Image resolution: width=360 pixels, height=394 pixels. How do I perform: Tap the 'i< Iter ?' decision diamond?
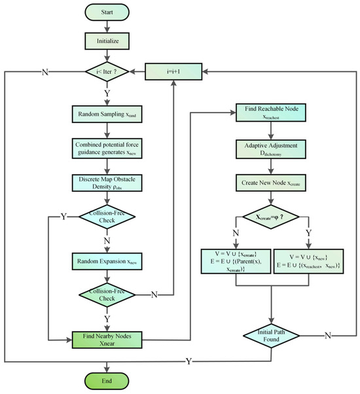[x=108, y=69]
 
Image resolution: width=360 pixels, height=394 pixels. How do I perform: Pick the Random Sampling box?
[x=108, y=115]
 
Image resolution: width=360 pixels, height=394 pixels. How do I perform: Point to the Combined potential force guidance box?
[x=108, y=147]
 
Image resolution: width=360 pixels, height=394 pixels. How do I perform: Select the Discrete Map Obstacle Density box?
[x=108, y=181]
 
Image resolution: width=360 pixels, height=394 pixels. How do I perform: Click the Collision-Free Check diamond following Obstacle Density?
[x=108, y=216]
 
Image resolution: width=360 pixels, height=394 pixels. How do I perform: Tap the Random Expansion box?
[x=108, y=260]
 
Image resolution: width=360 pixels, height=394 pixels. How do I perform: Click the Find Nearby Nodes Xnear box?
[x=108, y=339]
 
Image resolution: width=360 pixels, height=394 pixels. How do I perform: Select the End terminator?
[x=108, y=381]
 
